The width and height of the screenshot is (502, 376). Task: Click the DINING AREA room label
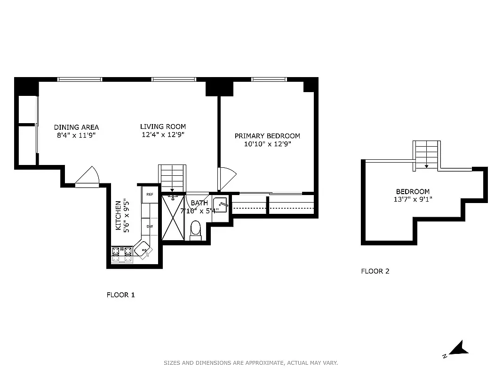[x=76, y=127]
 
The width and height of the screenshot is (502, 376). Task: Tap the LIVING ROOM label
[x=163, y=126]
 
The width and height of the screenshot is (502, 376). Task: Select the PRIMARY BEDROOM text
[x=267, y=136]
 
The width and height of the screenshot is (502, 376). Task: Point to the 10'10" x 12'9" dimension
[x=267, y=144]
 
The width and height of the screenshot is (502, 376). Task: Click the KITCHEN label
[x=118, y=216]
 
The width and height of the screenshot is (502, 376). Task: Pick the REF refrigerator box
[x=150, y=194]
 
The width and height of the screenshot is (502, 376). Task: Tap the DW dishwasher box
[x=150, y=226]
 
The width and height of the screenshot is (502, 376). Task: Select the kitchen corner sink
[x=143, y=250]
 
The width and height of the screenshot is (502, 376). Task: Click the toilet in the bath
[x=196, y=230]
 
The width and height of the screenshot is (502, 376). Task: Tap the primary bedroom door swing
[x=227, y=179]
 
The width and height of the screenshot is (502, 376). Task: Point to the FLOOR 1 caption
[x=120, y=295]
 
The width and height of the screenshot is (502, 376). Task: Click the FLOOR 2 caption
[x=375, y=271]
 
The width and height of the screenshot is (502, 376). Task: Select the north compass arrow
[x=457, y=349]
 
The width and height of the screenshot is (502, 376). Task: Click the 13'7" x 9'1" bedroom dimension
[x=412, y=200]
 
